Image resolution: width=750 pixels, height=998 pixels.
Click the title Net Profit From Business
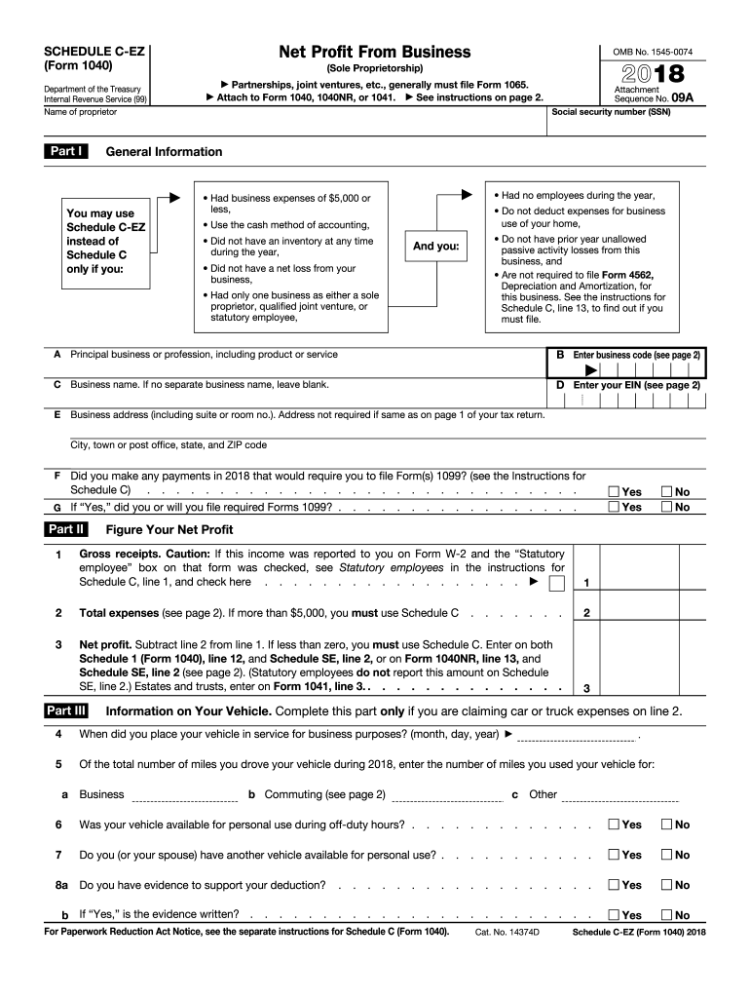point(374,52)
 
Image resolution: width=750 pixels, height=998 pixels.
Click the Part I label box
point(66,151)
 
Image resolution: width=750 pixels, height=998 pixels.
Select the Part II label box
point(66,529)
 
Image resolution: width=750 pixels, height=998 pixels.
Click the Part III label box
point(67,710)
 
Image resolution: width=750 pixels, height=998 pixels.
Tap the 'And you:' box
point(435,247)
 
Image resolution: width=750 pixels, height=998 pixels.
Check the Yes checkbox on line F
point(614,492)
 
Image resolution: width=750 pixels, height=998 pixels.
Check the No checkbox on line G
point(667,508)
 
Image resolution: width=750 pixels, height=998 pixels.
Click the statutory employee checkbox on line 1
point(556,583)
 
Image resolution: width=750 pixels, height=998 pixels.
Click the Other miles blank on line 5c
point(620,796)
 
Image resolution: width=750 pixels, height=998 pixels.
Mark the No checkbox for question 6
point(667,825)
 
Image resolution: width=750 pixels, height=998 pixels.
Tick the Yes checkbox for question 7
point(614,855)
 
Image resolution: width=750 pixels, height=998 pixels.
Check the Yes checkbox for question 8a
point(614,885)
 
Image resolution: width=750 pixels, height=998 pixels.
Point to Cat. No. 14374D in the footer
point(506,933)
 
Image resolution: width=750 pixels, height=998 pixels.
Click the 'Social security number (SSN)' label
point(611,112)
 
